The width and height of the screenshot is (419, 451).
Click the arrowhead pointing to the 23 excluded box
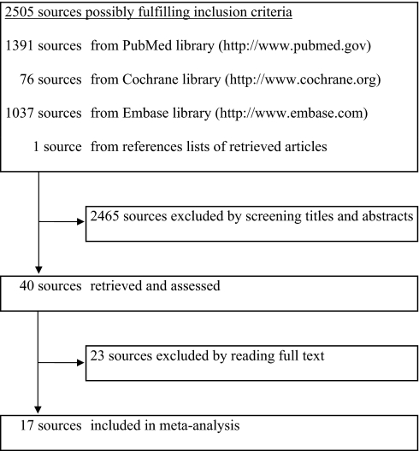coord(82,363)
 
